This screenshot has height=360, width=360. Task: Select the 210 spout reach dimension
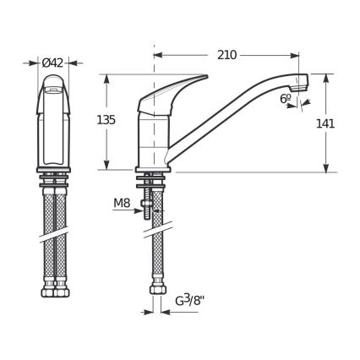point(226,55)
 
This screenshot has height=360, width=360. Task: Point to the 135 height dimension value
point(106,120)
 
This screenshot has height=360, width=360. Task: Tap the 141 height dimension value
point(325,123)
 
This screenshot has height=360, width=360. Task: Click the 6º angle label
point(286,98)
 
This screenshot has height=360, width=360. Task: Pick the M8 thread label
point(122,203)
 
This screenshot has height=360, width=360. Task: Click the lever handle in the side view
point(173,90)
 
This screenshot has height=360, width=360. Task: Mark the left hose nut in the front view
point(48,292)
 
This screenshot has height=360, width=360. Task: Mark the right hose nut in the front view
point(61,292)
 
